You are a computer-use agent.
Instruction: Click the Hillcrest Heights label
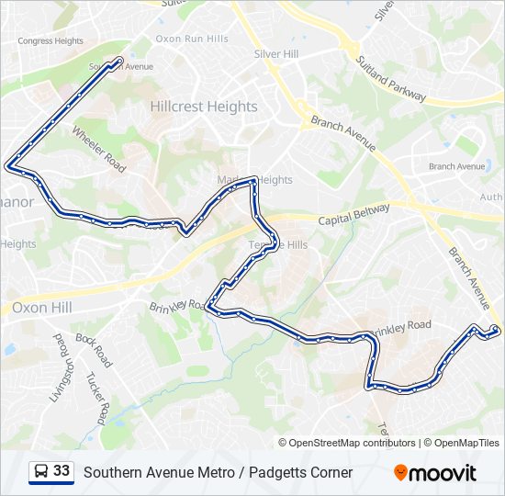click(x=204, y=107)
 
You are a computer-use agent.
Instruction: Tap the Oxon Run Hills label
click(x=192, y=39)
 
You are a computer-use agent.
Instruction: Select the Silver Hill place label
click(x=276, y=54)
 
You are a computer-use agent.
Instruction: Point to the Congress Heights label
click(x=50, y=40)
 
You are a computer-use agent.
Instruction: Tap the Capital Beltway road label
click(x=354, y=216)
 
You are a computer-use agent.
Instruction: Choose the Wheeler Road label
click(x=99, y=148)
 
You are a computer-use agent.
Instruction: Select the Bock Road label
click(x=94, y=350)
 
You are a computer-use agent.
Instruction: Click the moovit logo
click(x=435, y=473)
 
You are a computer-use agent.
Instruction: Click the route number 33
click(x=62, y=471)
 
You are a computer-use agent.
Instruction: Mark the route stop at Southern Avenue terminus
click(x=119, y=62)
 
